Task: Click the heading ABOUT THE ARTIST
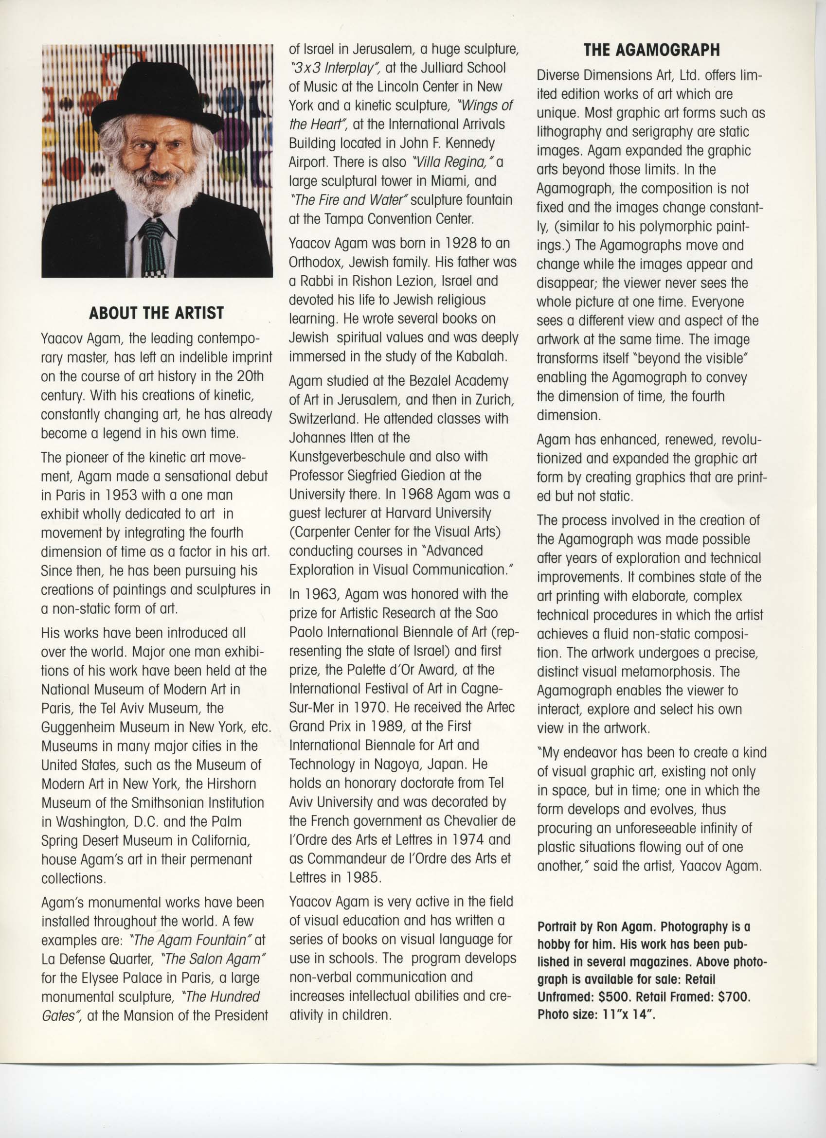pyautogui.click(x=156, y=313)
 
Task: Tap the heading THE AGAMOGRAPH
pyautogui.click(x=651, y=50)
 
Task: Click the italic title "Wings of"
pyautogui.click(x=483, y=106)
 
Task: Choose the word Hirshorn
pyautogui.click(x=231, y=784)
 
